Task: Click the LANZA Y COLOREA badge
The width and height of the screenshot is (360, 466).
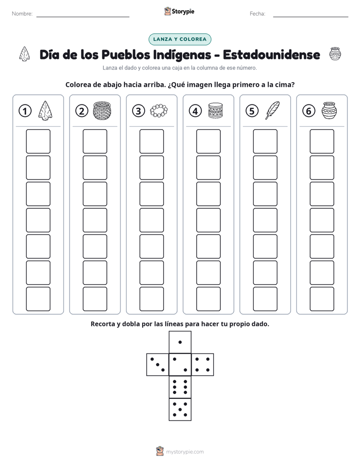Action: [x=179, y=39]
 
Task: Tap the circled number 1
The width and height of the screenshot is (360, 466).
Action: [x=25, y=111]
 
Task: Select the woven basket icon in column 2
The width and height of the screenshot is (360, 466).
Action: [x=102, y=110]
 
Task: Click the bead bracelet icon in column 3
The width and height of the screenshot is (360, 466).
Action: [x=159, y=111]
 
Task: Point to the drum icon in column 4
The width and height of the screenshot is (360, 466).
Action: [x=215, y=110]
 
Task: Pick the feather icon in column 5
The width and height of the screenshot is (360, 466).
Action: [x=272, y=110]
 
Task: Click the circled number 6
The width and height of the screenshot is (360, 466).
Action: [x=309, y=111]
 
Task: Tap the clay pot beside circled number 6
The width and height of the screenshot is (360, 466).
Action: [x=329, y=110]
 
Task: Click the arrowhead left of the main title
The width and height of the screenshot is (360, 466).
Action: [x=24, y=54]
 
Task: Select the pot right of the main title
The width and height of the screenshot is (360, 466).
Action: [x=335, y=54]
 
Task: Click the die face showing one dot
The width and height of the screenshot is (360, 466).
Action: [x=180, y=342]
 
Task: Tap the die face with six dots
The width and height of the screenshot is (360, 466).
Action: [x=180, y=387]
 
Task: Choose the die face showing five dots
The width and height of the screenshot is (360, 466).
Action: [x=180, y=410]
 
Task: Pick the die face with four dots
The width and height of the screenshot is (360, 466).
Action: [x=203, y=365]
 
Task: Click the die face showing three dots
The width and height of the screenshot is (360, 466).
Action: [x=157, y=365]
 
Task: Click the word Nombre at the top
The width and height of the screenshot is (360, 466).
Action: [x=22, y=14]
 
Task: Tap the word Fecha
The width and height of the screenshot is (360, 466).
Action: [x=257, y=14]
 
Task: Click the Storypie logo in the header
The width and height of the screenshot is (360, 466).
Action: [x=179, y=11]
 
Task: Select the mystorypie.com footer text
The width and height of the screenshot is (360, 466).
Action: [x=185, y=452]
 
